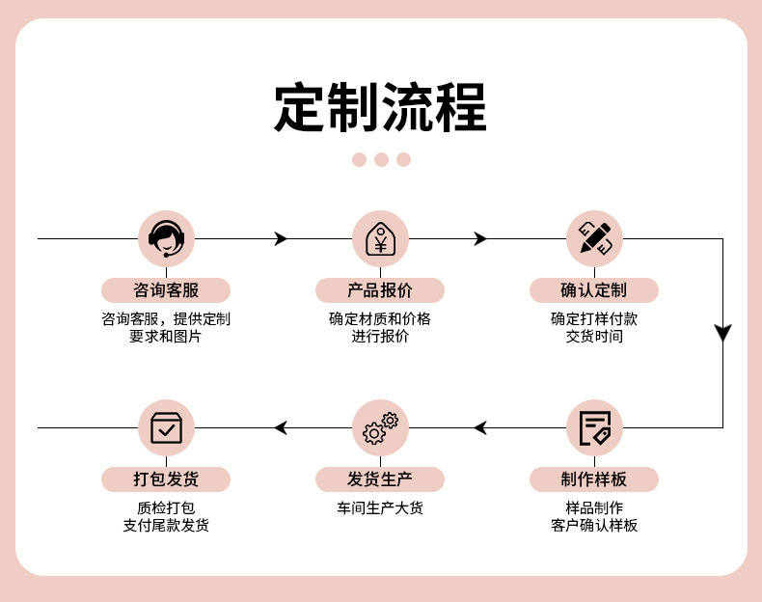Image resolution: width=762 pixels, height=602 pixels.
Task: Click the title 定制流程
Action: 381,106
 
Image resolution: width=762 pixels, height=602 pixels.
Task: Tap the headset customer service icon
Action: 167,238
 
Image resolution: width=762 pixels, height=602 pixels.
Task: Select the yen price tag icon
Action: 380,238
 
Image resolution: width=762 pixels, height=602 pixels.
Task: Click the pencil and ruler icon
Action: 594,238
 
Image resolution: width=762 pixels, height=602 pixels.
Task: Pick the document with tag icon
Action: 594,427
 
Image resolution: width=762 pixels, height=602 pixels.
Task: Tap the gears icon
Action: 380,427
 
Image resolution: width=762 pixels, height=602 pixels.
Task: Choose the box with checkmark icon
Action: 167,427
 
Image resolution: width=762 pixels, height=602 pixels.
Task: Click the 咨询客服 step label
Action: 167,290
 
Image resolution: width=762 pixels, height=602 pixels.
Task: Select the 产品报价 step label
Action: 380,290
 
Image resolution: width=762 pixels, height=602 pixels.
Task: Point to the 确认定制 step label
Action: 594,290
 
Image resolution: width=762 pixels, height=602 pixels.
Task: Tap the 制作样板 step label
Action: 594,479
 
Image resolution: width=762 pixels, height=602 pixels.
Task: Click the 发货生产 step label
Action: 380,479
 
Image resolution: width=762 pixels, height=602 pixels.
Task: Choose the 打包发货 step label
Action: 167,479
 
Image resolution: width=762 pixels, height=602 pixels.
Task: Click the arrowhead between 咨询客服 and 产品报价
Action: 281,238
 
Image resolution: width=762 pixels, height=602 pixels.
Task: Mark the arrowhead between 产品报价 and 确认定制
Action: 479,238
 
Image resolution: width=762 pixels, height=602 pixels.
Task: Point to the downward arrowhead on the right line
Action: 722,334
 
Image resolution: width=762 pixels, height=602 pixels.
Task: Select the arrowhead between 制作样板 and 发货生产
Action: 480,427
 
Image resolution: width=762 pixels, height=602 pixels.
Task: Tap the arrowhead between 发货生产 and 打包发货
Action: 281,427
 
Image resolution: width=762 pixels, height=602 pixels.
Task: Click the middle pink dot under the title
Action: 381,159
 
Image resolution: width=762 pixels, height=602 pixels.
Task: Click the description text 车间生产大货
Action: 380,507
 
